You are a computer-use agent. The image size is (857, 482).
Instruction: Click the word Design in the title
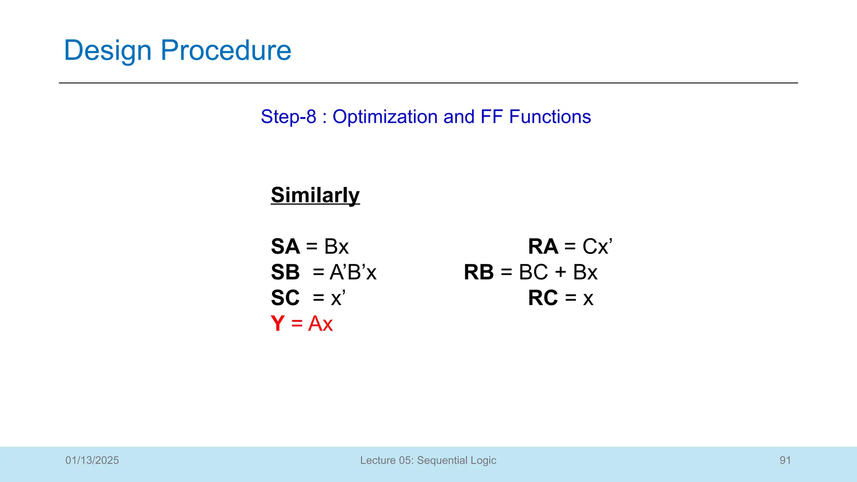pos(107,51)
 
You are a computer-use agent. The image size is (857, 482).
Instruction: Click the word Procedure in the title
pos(226,51)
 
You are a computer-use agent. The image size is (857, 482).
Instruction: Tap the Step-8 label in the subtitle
pos(288,117)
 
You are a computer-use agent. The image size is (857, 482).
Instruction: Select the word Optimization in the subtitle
pos(385,117)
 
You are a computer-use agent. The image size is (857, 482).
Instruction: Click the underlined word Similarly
pos(315,195)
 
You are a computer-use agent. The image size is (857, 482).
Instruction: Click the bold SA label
pos(285,246)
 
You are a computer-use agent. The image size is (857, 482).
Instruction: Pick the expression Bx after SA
pos(336,246)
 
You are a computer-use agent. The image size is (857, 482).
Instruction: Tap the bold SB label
pos(285,272)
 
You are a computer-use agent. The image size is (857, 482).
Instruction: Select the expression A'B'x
pos(353,272)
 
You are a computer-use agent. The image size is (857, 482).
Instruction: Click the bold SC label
pos(285,298)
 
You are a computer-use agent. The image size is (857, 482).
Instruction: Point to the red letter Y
pos(277,324)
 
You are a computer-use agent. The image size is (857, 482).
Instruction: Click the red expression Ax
pos(321,324)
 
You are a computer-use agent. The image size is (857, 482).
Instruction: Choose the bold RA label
pos(543,246)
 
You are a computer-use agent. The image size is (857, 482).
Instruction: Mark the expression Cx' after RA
pos(597,246)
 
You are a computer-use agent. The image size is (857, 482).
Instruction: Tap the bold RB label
pos(479,272)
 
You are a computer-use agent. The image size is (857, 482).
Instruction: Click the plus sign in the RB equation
pos(561,272)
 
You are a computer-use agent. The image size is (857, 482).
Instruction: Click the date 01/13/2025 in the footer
pos(92,460)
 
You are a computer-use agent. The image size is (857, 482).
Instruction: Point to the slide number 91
pos(785,460)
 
